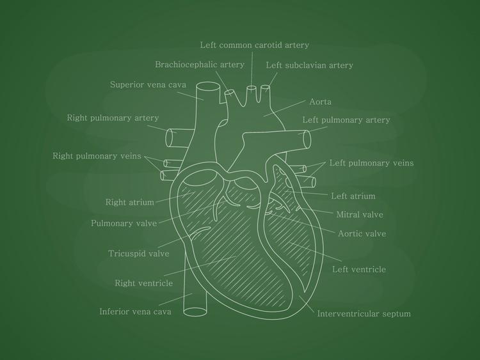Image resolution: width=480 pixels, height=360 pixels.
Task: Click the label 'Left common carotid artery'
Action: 254,45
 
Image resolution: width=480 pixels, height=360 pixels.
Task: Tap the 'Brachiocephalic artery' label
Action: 200,65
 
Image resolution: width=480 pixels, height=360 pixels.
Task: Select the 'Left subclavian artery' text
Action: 309,65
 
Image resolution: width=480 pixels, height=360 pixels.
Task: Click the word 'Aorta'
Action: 320,102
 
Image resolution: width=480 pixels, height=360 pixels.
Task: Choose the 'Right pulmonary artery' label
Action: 113,118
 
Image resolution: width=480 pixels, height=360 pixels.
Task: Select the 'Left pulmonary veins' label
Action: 371,163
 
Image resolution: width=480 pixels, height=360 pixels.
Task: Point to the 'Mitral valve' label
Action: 360,215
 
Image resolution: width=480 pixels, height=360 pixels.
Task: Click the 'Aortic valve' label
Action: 362,233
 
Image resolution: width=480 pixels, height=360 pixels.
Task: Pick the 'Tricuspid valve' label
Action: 138,253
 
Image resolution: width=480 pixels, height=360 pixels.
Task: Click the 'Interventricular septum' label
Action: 364,313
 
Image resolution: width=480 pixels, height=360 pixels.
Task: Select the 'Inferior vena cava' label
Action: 135,312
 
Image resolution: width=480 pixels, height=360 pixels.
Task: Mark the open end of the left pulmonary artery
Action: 308,138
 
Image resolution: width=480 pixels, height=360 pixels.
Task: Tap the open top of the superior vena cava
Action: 209,88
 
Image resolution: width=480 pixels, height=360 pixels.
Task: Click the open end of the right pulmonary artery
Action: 171,137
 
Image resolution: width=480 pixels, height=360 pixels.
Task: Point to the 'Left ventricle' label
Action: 358,269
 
